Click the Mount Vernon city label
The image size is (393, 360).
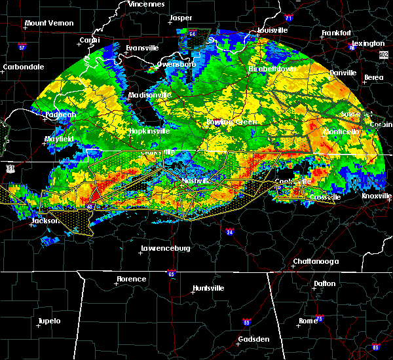[x=47, y=24]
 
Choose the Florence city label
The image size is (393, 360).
[x=131, y=279]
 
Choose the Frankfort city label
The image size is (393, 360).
[x=336, y=33]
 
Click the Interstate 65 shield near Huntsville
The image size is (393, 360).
[x=170, y=274]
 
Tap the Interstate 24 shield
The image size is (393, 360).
[x=229, y=232]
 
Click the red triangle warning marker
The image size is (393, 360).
[x=96, y=195]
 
